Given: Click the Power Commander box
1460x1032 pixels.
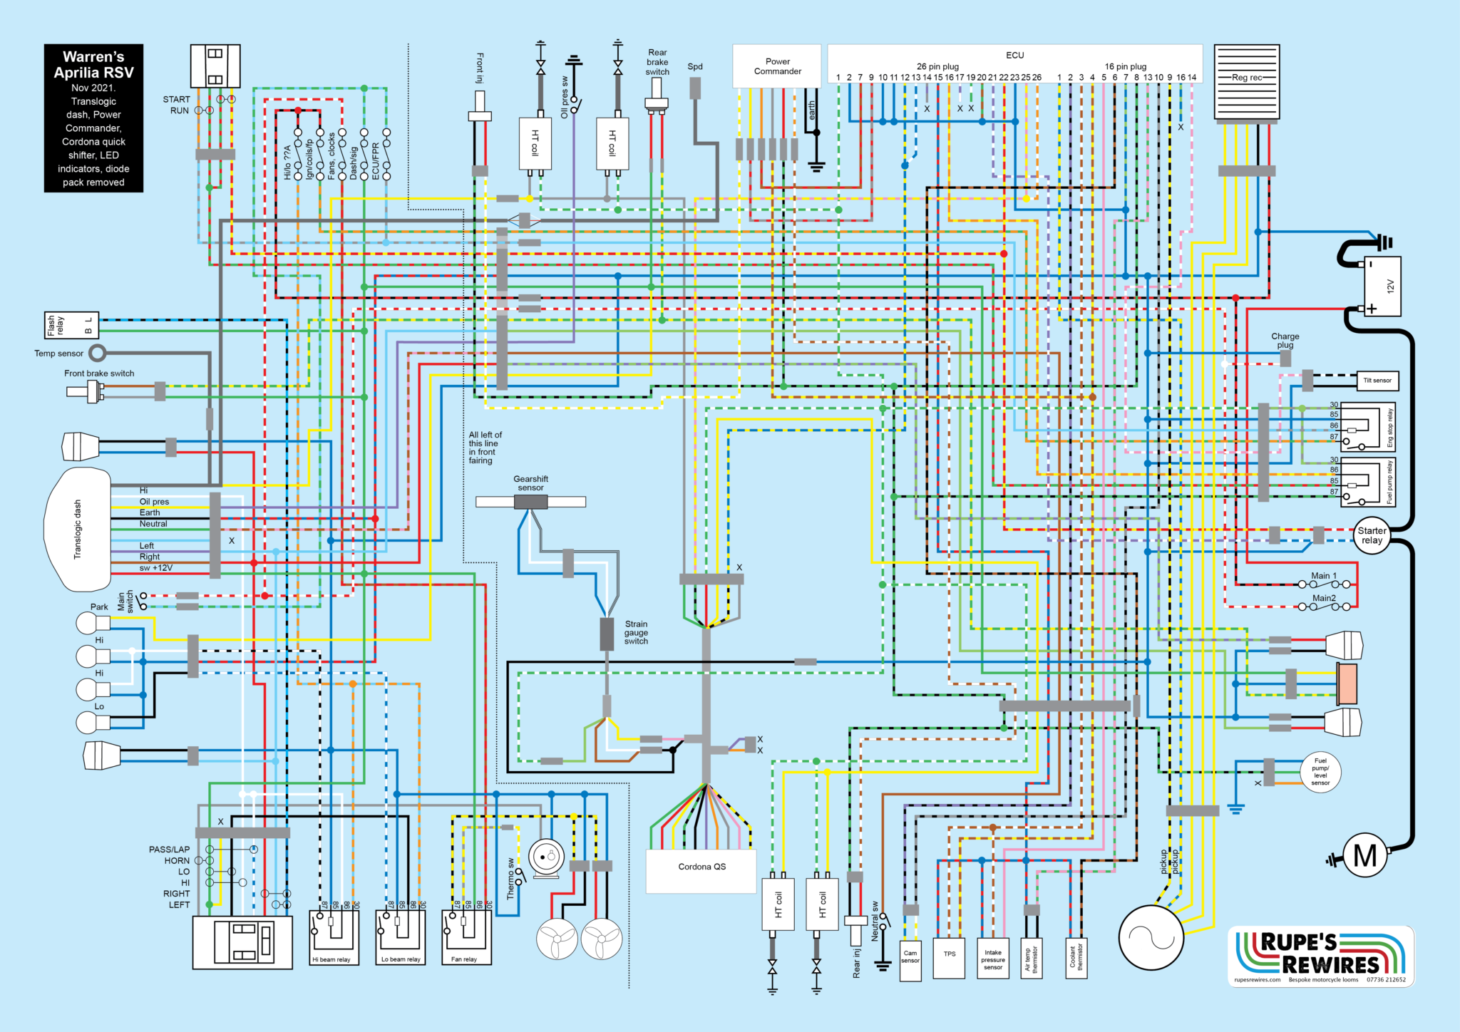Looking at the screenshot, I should coord(777,66).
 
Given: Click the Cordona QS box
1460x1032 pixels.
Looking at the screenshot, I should coord(701,870).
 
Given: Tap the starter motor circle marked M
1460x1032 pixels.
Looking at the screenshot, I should coord(1364,855).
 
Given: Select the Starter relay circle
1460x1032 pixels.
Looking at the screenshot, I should coord(1372,536).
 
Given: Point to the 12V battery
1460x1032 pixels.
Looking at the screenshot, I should coord(1382,286).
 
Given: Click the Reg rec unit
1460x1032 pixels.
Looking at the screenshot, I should coord(1247,81).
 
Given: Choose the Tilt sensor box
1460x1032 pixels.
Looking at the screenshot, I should coord(1377,381).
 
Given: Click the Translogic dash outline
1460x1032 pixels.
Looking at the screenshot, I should coord(78,529).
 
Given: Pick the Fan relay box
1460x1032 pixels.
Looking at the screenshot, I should coord(466,937).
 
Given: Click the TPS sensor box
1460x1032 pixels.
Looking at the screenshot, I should coord(950,958).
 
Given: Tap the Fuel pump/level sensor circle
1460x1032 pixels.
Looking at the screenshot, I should coord(1320,772).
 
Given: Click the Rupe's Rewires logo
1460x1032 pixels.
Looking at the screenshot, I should coord(1321,956).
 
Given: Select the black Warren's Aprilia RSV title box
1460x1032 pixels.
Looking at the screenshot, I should coord(93,118).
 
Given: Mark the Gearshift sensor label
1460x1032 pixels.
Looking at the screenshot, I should coord(530,483).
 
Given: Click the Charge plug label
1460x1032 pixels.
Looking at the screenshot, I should coord(1285,341).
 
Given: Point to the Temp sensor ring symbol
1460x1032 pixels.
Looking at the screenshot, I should coord(97,353).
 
